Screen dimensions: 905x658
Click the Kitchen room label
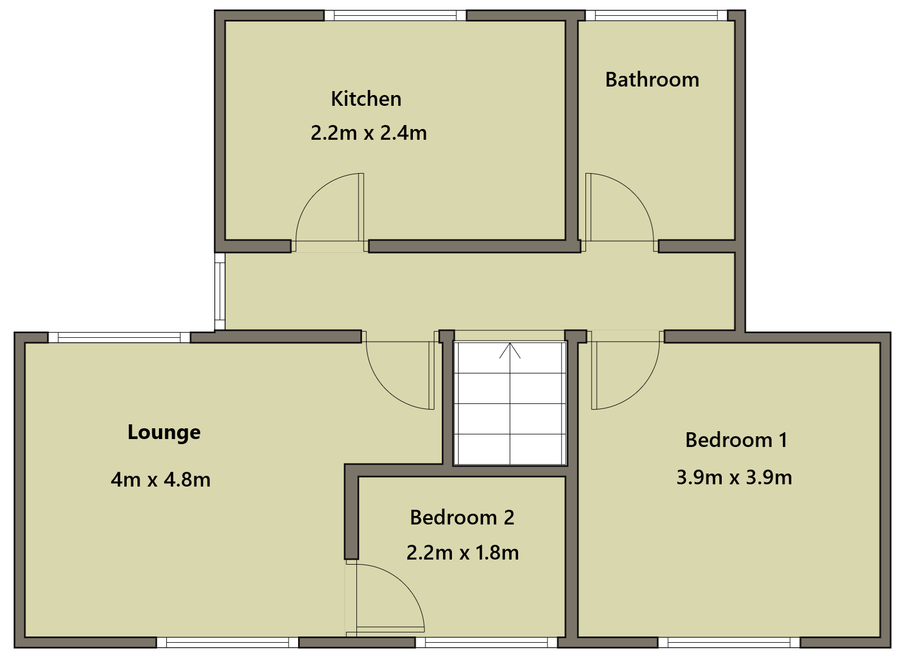pyautogui.click(x=366, y=99)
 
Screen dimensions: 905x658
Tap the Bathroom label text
pyautogui.click(x=652, y=80)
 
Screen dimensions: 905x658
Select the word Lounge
pyautogui.click(x=164, y=433)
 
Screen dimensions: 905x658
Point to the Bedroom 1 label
pyautogui.click(x=736, y=440)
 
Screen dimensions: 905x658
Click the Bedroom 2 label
pyautogui.click(x=462, y=518)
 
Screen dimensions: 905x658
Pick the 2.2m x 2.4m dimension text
pyautogui.click(x=368, y=133)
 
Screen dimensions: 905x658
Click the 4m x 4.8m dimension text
pyautogui.click(x=161, y=480)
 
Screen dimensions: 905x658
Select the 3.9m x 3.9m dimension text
pyautogui.click(x=734, y=478)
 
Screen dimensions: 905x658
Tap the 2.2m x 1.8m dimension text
pyautogui.click(x=463, y=553)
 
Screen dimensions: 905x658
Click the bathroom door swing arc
pyautogui.click(x=633, y=193)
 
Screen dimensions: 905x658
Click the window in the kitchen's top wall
pyautogui.click(x=395, y=15)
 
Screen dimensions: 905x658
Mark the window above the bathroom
pyautogui.click(x=657, y=15)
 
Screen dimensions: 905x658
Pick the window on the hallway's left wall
pyautogui.click(x=219, y=291)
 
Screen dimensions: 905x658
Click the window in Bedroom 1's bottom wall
pyautogui.click(x=729, y=643)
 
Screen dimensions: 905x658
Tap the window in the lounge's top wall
pyautogui.click(x=119, y=338)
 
